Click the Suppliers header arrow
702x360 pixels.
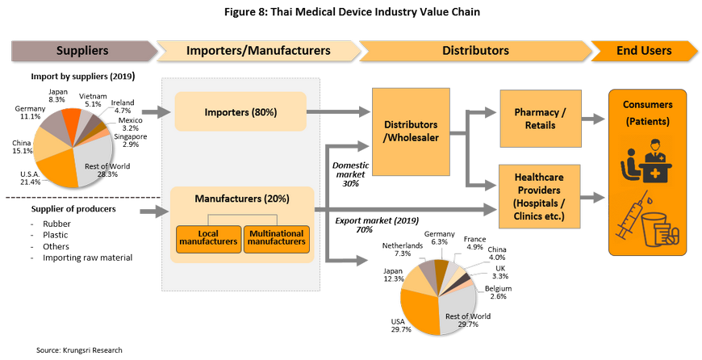pos(82,51)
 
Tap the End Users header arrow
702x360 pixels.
pos(643,51)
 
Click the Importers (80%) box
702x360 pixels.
pos(240,111)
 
